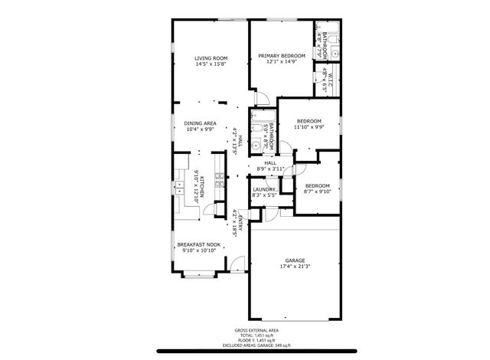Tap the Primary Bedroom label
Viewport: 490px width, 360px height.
[281, 55]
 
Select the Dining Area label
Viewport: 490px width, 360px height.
[201, 123]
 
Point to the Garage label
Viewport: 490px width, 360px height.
[296, 260]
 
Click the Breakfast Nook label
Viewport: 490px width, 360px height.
[199, 244]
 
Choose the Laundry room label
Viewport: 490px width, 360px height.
[264, 188]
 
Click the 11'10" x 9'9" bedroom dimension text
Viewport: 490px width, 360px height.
[309, 127]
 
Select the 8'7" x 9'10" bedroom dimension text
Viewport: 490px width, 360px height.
[317, 192]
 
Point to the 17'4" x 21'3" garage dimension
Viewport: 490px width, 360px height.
[296, 267]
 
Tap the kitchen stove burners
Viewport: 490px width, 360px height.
[219, 182]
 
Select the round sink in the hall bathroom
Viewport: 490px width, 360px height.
[256, 145]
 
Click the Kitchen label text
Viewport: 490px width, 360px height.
[201, 185]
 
